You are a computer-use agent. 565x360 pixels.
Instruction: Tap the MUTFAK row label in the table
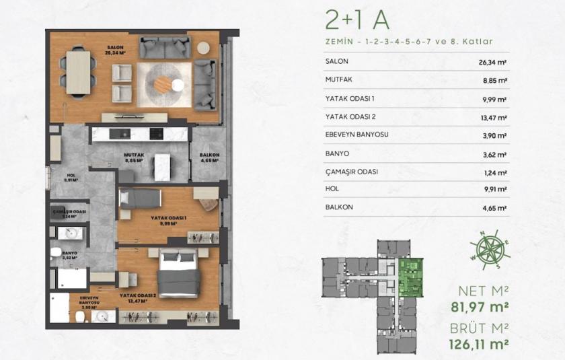coord(340,79)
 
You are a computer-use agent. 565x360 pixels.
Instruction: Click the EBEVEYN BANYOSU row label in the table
coord(356,134)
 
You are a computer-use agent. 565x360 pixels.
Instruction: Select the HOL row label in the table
coord(332,189)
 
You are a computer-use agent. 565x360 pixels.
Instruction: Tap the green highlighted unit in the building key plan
coord(410,279)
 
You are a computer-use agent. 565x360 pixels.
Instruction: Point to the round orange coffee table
coord(163,84)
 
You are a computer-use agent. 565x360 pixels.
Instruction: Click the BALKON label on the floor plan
coord(205,157)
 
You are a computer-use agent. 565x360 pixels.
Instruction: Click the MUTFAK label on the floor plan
coord(135,155)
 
